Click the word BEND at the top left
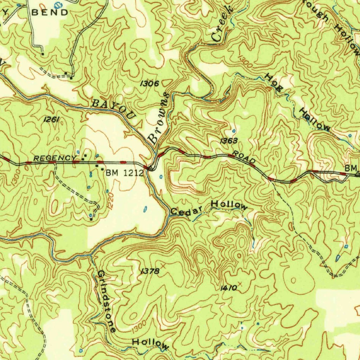(x=50, y=12)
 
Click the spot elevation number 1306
(x=149, y=84)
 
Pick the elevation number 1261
(x=51, y=120)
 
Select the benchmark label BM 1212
(x=125, y=172)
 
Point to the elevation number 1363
(x=229, y=141)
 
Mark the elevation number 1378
(x=150, y=271)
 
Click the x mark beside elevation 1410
(x=240, y=283)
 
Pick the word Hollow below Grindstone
(x=150, y=343)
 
